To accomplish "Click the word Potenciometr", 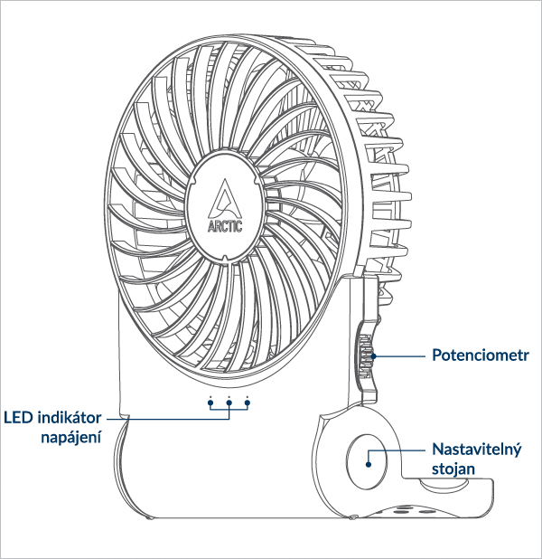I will tap(479, 355).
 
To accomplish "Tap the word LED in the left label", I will tap(19, 418).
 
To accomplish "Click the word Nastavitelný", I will tap(477, 450).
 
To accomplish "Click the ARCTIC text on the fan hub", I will tap(226, 226).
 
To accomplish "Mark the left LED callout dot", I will tap(210, 399).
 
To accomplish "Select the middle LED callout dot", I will tap(229, 399).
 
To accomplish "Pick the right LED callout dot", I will tap(247, 399).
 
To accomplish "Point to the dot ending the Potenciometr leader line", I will tap(372, 356).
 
